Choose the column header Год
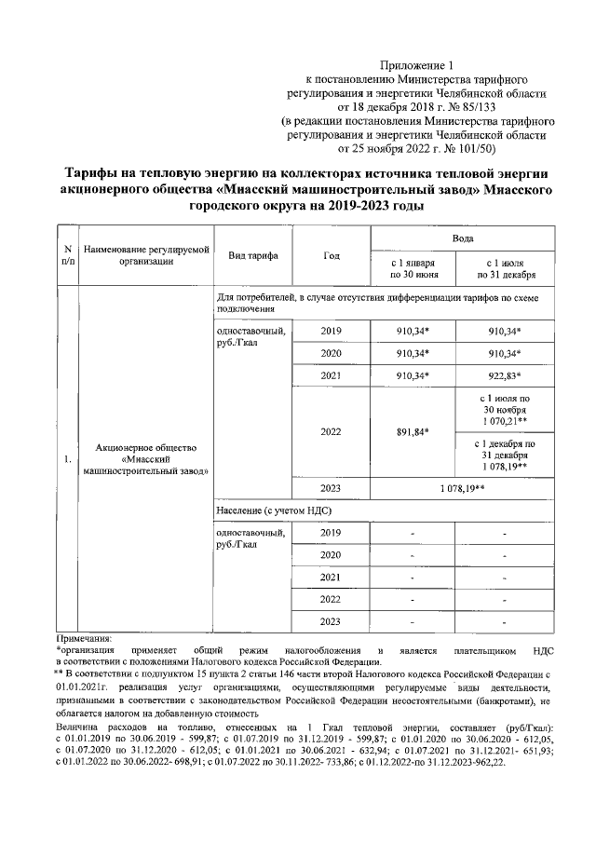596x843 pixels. pos(331,255)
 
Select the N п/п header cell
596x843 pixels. pos(67,255)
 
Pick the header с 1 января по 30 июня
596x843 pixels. pos(412,268)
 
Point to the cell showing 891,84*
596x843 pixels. pos(412,432)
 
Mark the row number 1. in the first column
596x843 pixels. pos(67,459)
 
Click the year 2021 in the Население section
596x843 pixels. pos(331,578)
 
